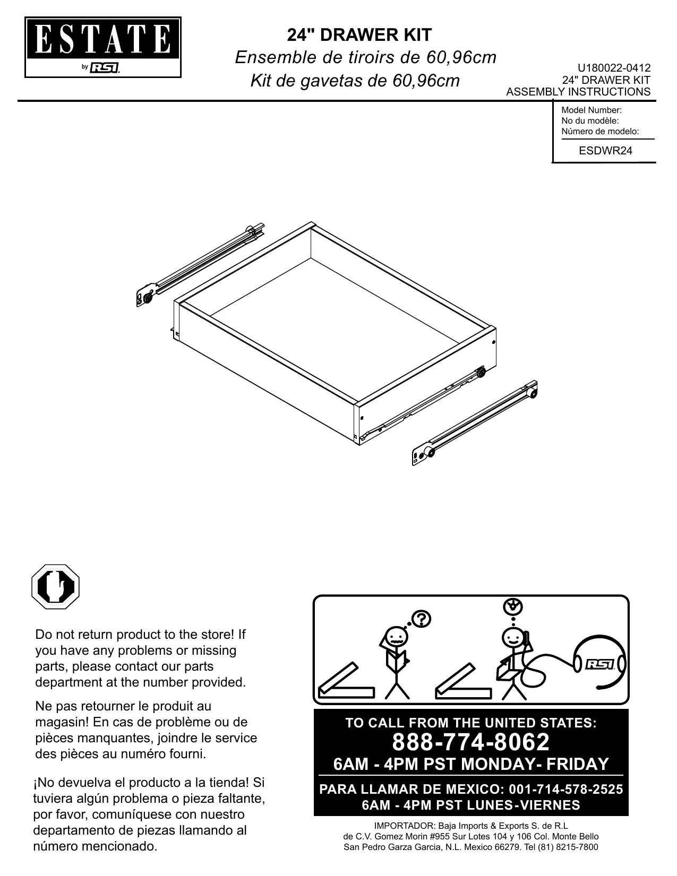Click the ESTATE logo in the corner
(x=104, y=47)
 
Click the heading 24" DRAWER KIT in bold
(x=359, y=35)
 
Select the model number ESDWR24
(x=605, y=150)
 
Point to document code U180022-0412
(x=614, y=68)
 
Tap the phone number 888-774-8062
(x=471, y=742)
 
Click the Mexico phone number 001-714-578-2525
(x=565, y=790)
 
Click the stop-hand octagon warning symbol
(x=55, y=587)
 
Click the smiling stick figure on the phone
(x=513, y=658)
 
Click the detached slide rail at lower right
(x=475, y=422)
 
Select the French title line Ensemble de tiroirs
(x=365, y=57)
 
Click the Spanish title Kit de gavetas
(x=354, y=81)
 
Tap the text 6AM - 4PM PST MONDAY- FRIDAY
(x=470, y=764)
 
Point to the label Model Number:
(x=591, y=110)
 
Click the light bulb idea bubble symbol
(x=512, y=606)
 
